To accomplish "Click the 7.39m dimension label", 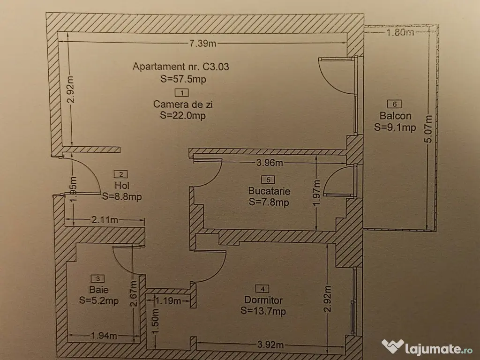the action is click(202, 43).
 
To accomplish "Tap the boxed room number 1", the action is click(182, 92).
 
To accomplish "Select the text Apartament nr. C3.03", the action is click(181, 67).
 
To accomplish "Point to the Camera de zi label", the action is click(183, 104).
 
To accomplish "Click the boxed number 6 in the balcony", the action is click(394, 104).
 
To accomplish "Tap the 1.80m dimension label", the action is click(400, 32).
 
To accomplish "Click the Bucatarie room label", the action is click(269, 191).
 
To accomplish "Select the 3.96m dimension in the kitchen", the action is click(270, 162).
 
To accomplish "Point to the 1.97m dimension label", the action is click(316, 193).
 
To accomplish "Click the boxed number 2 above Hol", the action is click(120, 174).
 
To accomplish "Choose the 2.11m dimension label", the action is click(105, 219).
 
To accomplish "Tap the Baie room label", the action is click(98, 289).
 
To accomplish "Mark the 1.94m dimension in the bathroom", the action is click(104, 336).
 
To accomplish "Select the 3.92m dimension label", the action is click(270, 345).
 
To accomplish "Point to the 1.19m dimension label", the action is click(168, 300).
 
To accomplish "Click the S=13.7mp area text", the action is click(263, 311).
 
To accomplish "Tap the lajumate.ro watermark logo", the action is click(427, 347).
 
